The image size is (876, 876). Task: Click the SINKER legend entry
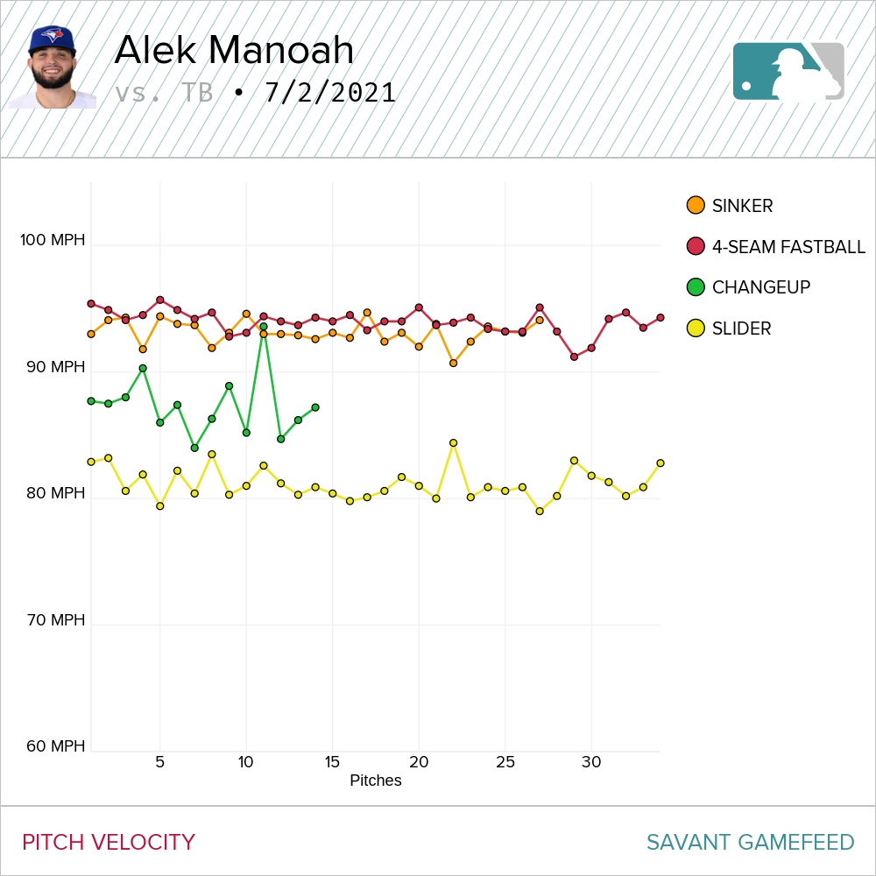[742, 207]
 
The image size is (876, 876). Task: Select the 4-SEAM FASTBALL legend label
[788, 247]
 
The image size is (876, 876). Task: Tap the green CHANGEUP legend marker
[696, 287]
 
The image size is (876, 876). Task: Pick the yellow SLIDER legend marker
[696, 328]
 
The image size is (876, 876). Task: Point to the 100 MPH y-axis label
[53, 240]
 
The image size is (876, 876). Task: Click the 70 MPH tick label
[54, 620]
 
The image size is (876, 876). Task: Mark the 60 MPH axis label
[54, 746]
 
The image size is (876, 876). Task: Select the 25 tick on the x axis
[505, 762]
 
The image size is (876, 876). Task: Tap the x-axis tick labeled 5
[159, 762]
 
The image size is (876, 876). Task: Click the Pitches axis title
[375, 781]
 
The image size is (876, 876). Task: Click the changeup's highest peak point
[263, 327]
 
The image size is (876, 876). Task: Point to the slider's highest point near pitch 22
[453, 443]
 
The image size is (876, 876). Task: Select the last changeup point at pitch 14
[315, 407]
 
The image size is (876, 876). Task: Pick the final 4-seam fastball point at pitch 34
[661, 318]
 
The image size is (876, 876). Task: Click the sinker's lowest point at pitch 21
[453, 363]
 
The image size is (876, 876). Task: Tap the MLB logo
[788, 71]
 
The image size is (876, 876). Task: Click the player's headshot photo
[53, 68]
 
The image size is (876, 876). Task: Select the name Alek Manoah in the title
[234, 51]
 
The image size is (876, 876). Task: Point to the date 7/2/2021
[330, 93]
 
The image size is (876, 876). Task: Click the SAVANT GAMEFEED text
[750, 843]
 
